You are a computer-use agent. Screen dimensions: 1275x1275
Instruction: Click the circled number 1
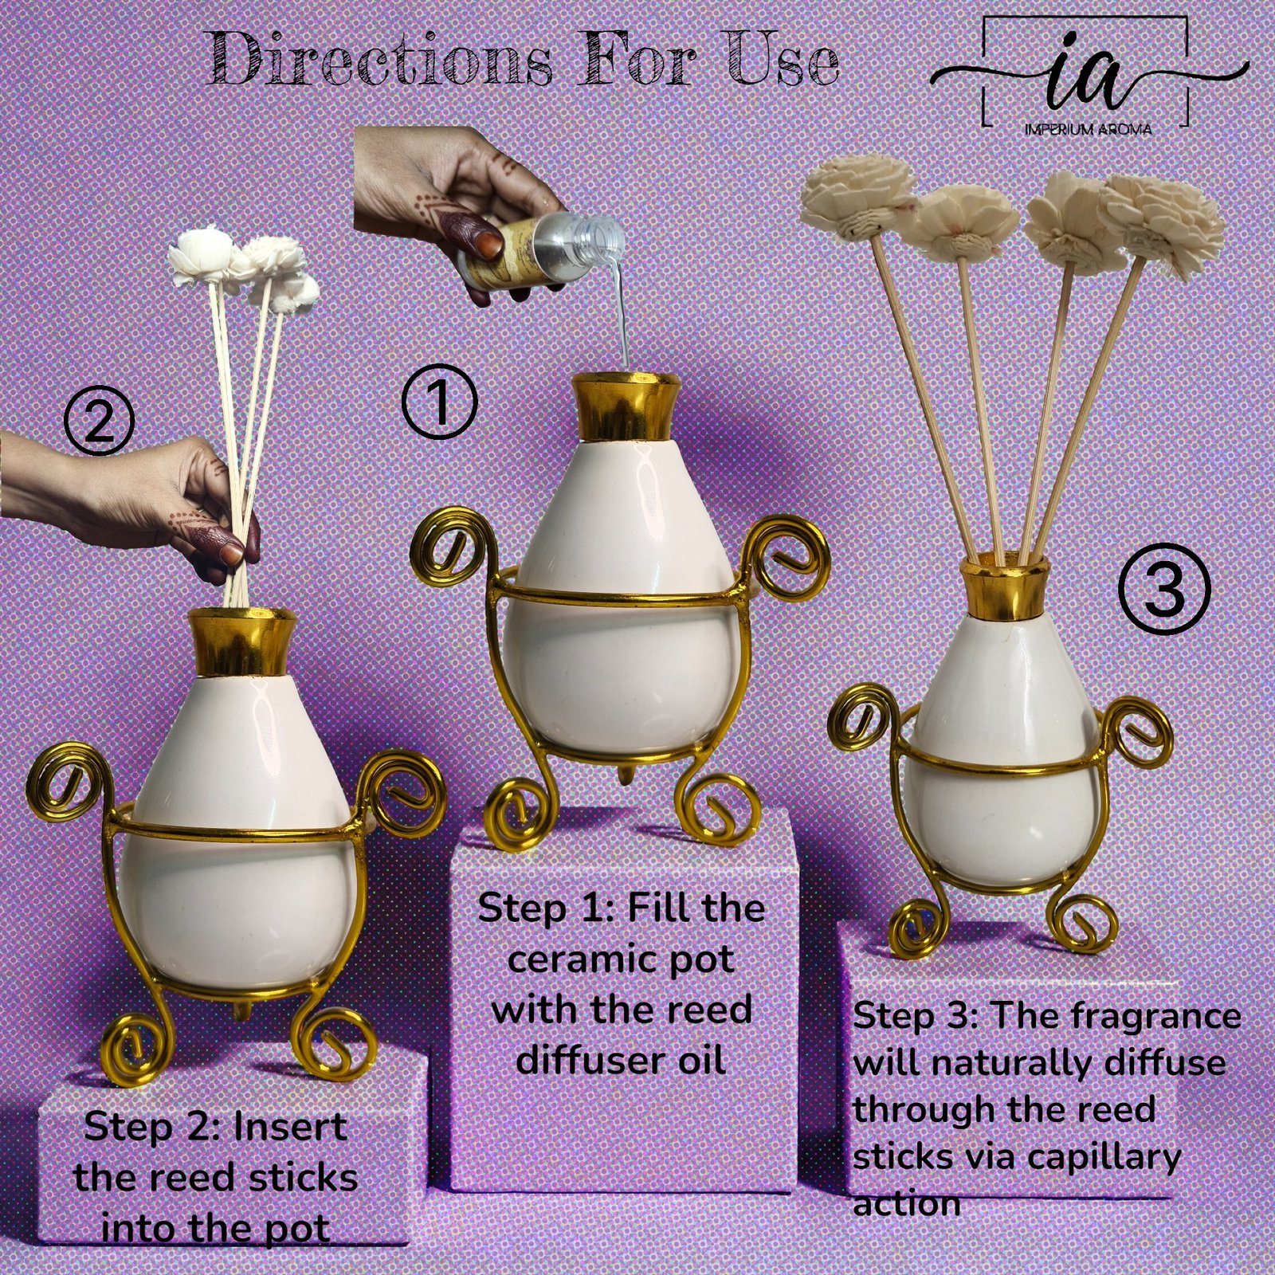tap(439, 403)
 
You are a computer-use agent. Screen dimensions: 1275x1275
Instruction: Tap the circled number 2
tap(99, 425)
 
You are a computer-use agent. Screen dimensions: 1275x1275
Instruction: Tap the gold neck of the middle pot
tap(626, 409)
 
